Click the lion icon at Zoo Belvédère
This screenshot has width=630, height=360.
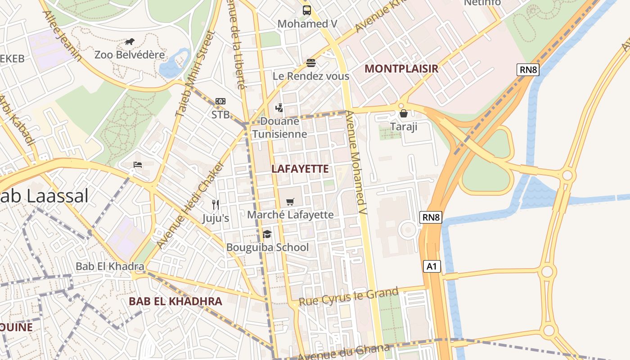(130, 42)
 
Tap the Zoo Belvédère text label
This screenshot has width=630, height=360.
(130, 55)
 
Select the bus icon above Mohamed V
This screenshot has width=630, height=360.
(307, 10)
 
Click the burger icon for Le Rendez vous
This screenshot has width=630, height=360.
(311, 63)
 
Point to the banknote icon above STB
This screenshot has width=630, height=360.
(220, 101)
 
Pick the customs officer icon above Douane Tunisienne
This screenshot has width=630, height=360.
(279, 108)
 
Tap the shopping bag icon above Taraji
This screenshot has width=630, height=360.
(404, 113)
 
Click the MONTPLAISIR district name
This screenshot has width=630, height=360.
(401, 69)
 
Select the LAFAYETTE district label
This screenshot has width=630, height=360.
(301, 169)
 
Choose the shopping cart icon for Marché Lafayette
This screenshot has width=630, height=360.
(290, 202)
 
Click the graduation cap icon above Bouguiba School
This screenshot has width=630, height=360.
(267, 234)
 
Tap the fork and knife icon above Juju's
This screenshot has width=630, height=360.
(216, 205)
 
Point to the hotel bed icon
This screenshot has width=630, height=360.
(138, 164)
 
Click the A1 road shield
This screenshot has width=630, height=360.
(432, 266)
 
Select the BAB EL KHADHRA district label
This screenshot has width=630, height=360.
(175, 301)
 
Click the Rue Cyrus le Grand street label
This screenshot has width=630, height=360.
(349, 297)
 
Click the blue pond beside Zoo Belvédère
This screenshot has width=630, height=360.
(172, 65)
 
